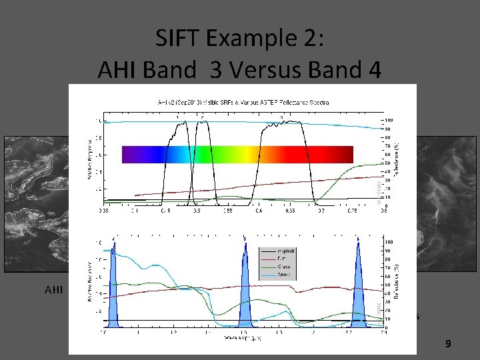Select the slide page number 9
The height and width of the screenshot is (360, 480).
[x=448, y=344]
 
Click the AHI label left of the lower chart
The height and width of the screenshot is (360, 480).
[x=53, y=290]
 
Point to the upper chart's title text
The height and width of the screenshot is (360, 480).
[x=243, y=102]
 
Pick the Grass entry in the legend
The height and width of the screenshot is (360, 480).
[x=270, y=267]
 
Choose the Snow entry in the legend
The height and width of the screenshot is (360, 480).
[x=270, y=274]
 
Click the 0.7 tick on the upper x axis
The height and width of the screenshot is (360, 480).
[x=321, y=209]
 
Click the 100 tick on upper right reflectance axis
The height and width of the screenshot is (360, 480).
[x=389, y=121]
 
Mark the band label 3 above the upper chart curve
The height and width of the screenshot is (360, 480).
[x=281, y=117]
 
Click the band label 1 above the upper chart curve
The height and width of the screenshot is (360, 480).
[x=177, y=117]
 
